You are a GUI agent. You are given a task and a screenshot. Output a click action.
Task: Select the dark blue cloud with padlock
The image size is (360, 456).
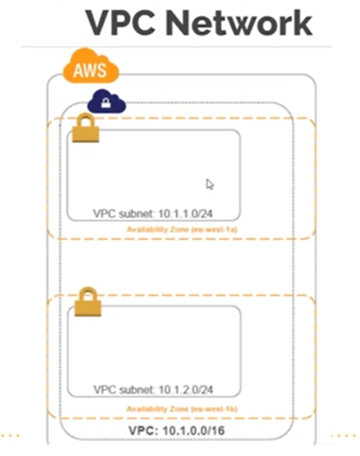coord(107,103)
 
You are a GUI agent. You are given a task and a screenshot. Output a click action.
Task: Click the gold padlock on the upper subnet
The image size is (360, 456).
coord(86,128)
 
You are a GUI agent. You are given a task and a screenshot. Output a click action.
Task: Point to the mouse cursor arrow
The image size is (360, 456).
coord(210,184)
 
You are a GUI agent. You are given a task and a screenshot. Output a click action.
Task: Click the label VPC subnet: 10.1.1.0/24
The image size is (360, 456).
coord(157,214)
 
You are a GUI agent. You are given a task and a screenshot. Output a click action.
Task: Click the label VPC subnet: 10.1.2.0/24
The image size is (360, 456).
coord(157,390)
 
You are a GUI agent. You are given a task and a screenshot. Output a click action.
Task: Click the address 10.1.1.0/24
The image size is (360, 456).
coord(190,214)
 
